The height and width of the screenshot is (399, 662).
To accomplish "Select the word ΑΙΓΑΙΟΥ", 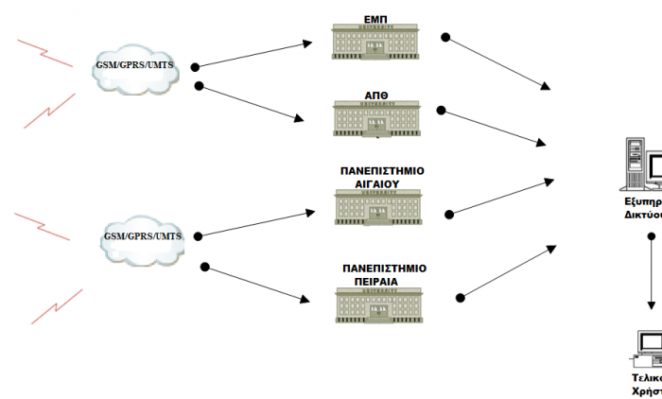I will click(x=379, y=184).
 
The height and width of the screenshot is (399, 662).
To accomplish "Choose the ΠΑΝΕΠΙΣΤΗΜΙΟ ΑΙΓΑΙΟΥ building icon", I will click(x=379, y=208).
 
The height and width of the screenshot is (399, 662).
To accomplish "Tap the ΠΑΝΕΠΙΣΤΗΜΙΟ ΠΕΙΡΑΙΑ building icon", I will click(x=379, y=304).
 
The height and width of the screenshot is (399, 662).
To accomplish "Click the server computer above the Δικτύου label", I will click(x=642, y=168).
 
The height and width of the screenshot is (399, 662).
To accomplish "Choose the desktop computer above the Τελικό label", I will click(x=648, y=348).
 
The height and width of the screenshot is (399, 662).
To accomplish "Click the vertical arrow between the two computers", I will click(x=652, y=274).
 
